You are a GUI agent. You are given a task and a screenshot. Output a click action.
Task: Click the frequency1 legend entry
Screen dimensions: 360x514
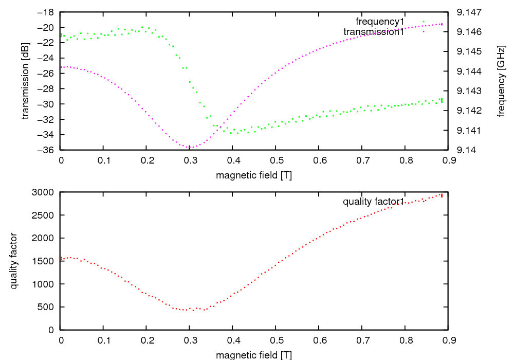380,22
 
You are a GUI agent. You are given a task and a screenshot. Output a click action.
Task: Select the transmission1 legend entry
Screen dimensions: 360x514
374,32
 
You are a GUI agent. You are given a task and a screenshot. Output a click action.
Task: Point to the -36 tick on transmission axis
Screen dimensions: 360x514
47,150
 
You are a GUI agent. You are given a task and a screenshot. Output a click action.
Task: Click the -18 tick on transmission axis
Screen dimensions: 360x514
47,12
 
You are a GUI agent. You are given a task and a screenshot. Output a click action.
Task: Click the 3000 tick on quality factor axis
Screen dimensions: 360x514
44,192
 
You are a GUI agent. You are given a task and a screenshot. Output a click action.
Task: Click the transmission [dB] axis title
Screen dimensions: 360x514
26,81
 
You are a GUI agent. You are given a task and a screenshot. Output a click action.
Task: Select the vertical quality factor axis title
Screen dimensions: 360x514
14,261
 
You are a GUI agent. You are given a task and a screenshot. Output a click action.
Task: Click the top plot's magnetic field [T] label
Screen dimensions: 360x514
254,175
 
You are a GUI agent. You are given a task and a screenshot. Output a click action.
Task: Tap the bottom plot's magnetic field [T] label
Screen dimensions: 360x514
254,355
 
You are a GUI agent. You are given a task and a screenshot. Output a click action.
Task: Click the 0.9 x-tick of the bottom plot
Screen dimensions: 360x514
448,340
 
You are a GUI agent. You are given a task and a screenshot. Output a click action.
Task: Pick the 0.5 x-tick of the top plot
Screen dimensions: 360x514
276,160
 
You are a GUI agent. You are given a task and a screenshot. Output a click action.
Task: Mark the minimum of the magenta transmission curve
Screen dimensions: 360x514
189,148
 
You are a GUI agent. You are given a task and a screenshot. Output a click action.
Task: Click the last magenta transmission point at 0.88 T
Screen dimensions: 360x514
442,24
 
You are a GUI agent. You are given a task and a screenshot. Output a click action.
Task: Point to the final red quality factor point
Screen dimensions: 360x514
442,195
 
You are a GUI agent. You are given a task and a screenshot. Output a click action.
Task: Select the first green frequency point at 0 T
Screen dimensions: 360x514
61,35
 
